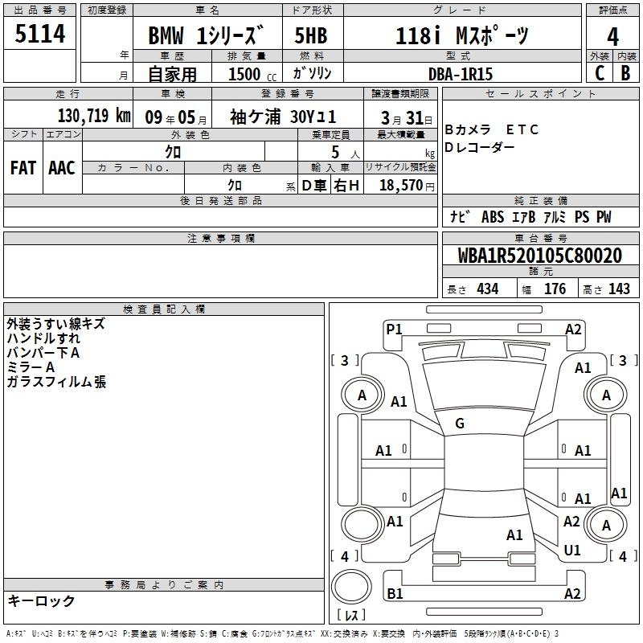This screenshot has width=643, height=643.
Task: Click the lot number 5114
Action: coord(39,34)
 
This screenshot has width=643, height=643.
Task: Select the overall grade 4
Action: coord(612,37)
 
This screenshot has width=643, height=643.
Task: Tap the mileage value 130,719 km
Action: coord(94,116)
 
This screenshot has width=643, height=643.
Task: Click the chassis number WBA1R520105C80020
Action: coord(540,256)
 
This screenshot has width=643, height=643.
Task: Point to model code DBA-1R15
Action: coord(460,74)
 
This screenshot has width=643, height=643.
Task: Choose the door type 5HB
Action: coord(311,35)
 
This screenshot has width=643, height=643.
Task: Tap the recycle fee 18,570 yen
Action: coord(407,186)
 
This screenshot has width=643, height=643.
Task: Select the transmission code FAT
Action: coord(23,168)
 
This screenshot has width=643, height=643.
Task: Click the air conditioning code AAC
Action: coord(62,168)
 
